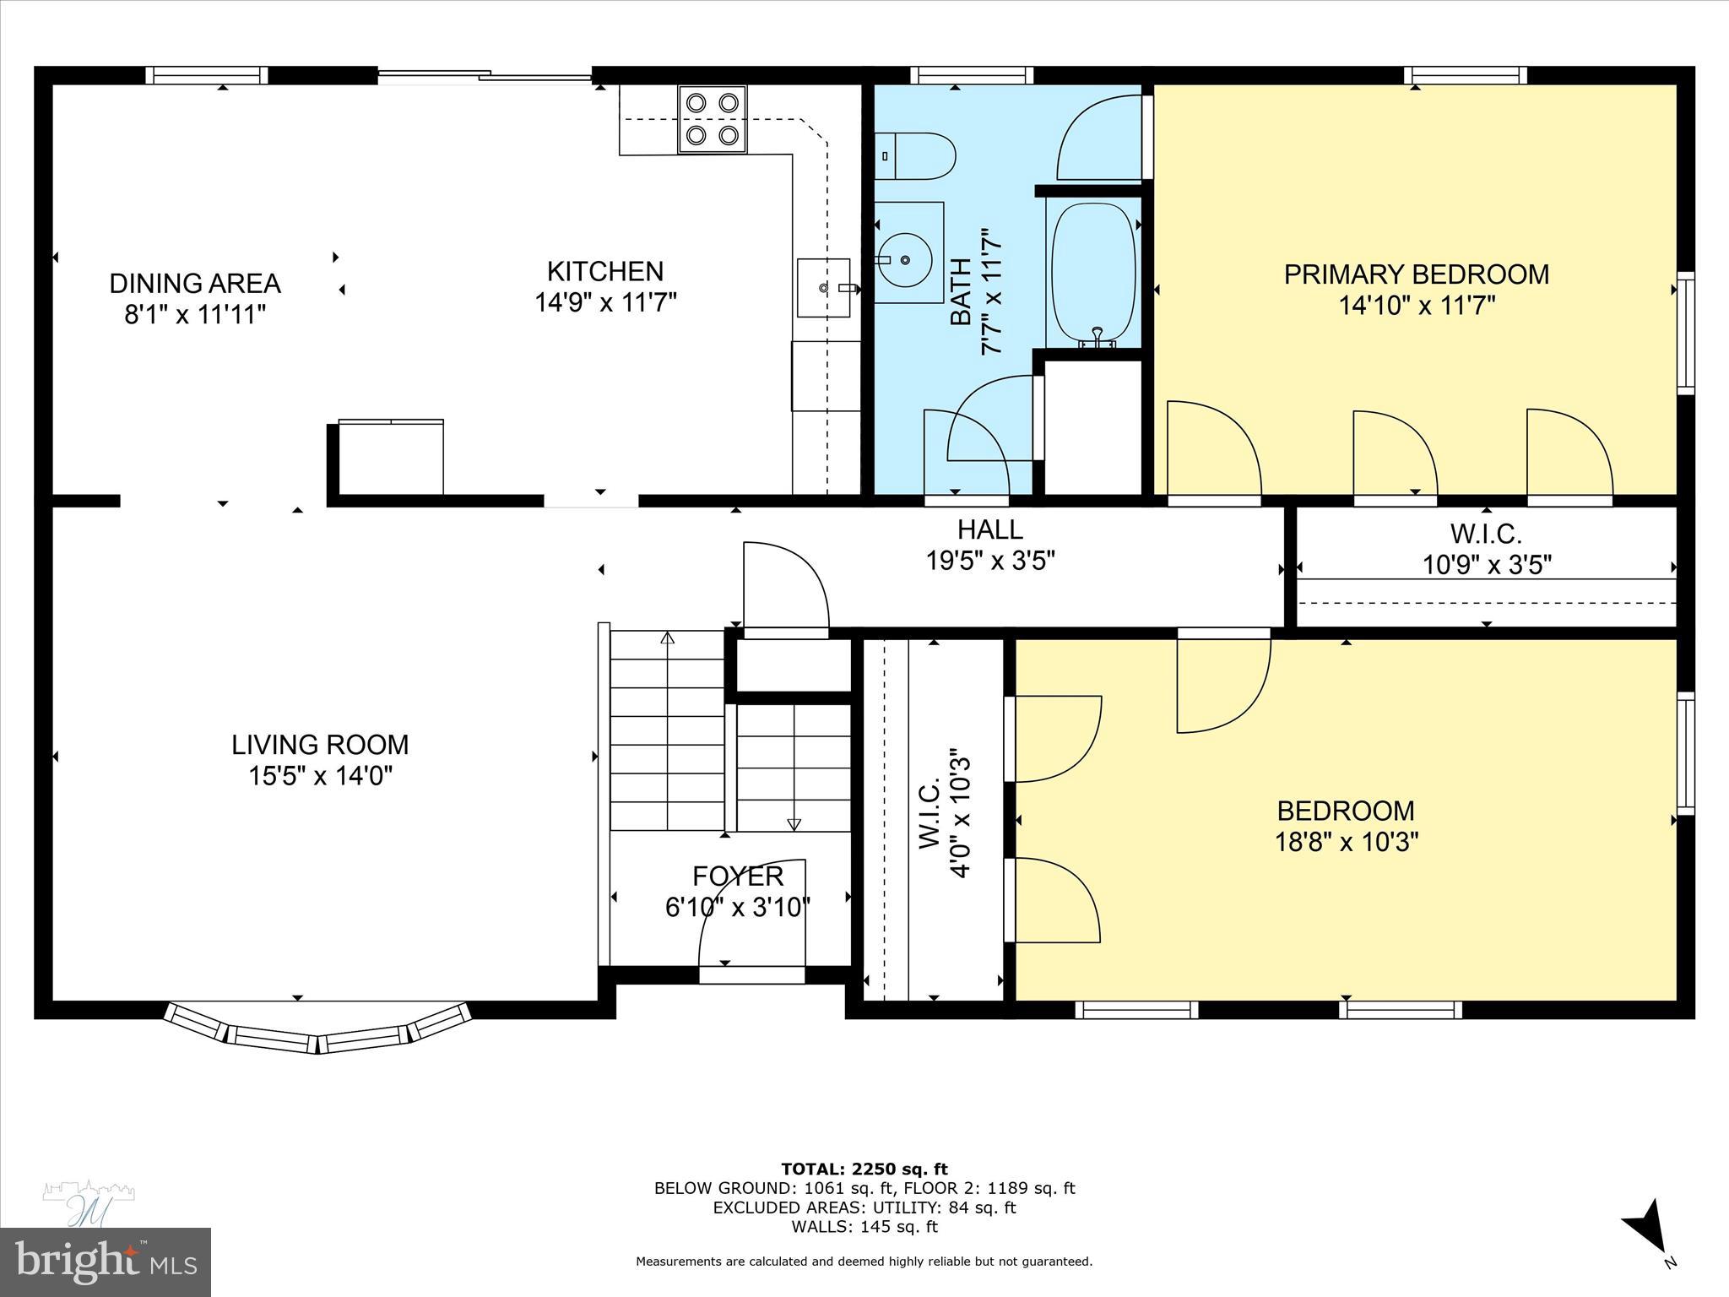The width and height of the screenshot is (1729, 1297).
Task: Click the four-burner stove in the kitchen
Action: (x=712, y=119)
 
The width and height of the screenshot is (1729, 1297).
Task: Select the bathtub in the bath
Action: (x=1093, y=274)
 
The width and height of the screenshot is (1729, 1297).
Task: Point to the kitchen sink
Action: (x=823, y=288)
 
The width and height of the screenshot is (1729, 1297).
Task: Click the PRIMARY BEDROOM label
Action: (x=1416, y=274)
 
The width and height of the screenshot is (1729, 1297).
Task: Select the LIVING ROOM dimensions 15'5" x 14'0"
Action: (x=320, y=775)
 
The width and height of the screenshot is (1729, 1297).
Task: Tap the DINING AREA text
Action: (x=194, y=283)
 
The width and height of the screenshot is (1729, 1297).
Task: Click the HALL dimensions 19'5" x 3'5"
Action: (x=990, y=561)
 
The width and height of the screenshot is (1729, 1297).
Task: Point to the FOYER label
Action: (x=738, y=876)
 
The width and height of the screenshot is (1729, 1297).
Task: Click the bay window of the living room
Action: (x=317, y=1031)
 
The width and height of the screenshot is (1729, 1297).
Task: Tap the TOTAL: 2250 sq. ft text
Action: (x=864, y=1169)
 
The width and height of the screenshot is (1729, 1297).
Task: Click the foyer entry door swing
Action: (x=751, y=916)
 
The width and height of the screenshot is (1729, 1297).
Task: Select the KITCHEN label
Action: (x=604, y=271)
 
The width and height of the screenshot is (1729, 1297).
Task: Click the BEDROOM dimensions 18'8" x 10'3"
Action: (x=1346, y=842)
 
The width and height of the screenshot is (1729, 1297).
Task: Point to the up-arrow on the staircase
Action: (x=667, y=639)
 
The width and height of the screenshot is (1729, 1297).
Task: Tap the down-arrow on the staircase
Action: (x=794, y=823)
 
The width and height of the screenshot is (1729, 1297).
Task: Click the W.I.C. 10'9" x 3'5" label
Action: (x=1486, y=549)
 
